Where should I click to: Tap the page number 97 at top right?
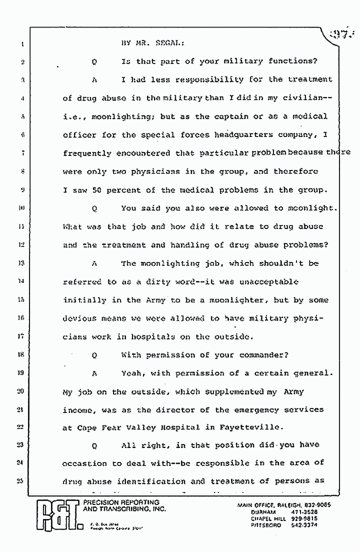pyautogui.click(x=343, y=35)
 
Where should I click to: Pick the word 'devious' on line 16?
pyautogui.click(x=79, y=318)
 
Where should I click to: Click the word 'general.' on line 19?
pyautogui.click(x=310, y=373)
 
